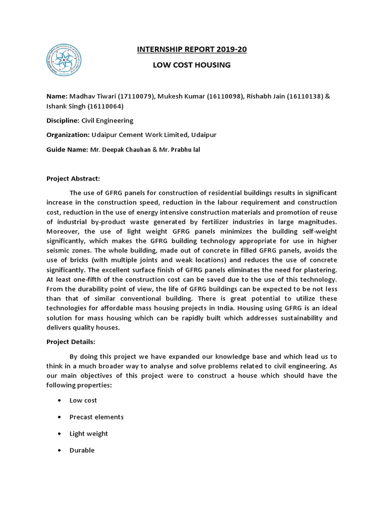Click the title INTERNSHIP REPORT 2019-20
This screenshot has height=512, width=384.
[x=192, y=49]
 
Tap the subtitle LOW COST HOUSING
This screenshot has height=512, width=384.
[x=192, y=65]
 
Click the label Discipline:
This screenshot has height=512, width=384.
[x=62, y=120]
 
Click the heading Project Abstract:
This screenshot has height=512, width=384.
[x=73, y=178]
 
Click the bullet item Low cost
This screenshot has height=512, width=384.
[x=83, y=400]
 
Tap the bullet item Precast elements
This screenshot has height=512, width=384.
[x=96, y=417]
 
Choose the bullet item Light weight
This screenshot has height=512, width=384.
[x=88, y=433]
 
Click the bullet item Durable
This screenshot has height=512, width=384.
[x=82, y=450]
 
